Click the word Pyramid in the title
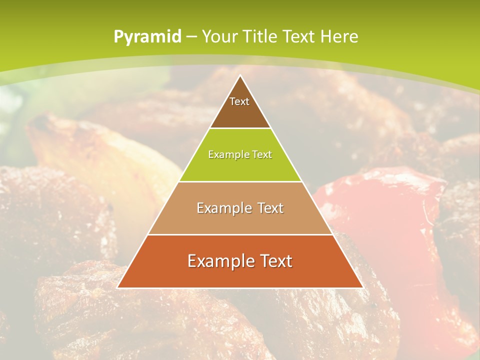147,37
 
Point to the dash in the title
191,37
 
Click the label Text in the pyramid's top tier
239,101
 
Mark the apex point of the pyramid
240,76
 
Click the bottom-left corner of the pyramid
118,287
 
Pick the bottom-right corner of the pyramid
362,287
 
